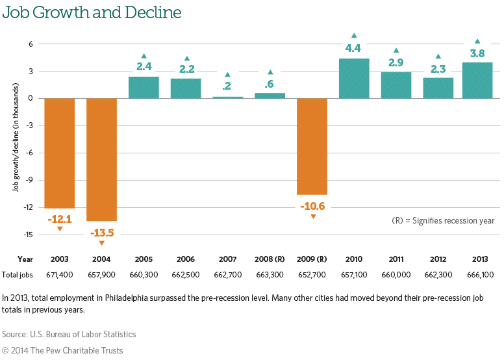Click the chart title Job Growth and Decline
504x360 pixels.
click(x=91, y=12)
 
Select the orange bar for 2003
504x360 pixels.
click(x=59, y=153)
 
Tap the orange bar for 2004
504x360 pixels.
click(x=101, y=159)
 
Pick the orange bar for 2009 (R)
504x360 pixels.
click(x=312, y=146)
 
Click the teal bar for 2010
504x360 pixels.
click(x=354, y=79)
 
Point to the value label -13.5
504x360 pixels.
click(x=101, y=232)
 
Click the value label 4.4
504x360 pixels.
click(x=354, y=47)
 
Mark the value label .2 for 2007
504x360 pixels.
click(x=228, y=86)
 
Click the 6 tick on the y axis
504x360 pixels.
click(x=31, y=44)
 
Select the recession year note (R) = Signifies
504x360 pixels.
click(x=443, y=221)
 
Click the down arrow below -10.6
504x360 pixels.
click(x=312, y=216)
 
